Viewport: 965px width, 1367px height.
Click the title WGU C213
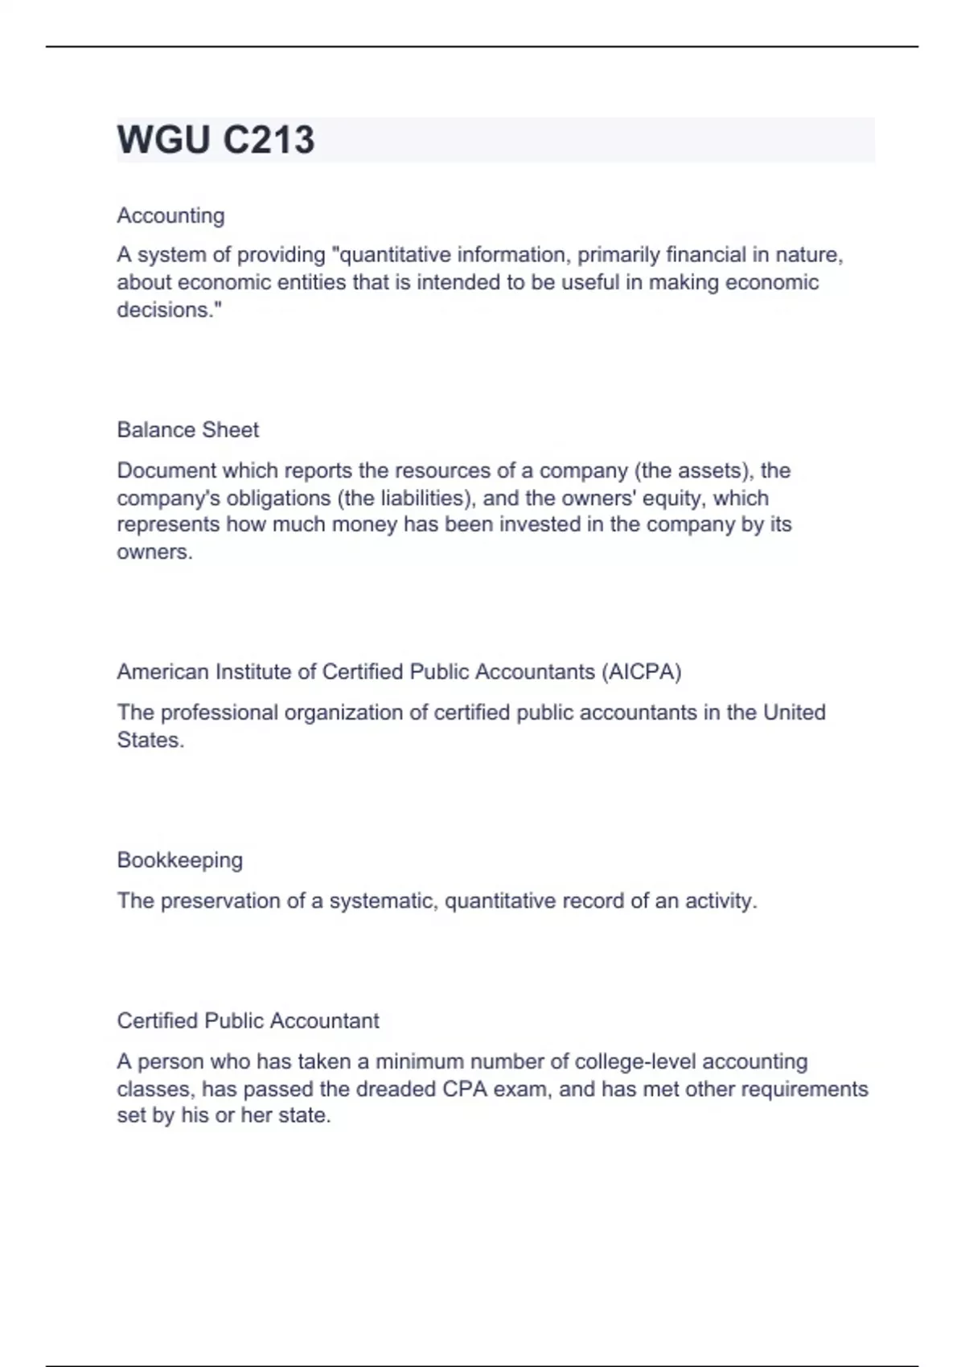point(216,140)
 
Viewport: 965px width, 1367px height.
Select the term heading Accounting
point(170,216)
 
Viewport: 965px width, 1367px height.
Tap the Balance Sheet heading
point(187,430)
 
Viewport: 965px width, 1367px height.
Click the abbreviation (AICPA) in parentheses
point(641,672)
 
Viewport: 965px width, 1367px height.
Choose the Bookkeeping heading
point(179,860)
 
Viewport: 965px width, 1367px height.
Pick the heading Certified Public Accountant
point(248,1021)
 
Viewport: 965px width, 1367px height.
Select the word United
point(794,713)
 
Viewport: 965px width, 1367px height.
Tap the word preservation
point(221,901)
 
